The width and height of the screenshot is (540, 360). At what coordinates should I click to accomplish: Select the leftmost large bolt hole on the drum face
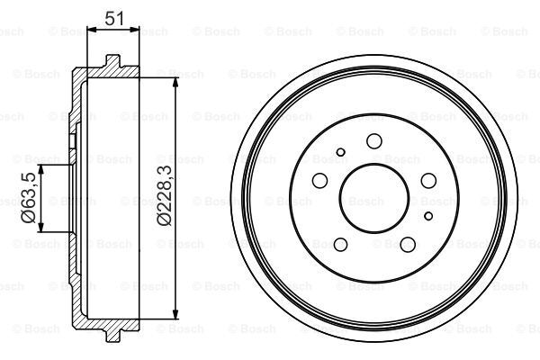[x=317, y=182]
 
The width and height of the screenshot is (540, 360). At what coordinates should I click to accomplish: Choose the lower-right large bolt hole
[x=409, y=245]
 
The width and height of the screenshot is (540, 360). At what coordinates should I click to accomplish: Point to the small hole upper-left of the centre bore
[x=339, y=152]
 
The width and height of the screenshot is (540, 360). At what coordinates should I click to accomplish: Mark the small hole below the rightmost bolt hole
[x=428, y=214]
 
